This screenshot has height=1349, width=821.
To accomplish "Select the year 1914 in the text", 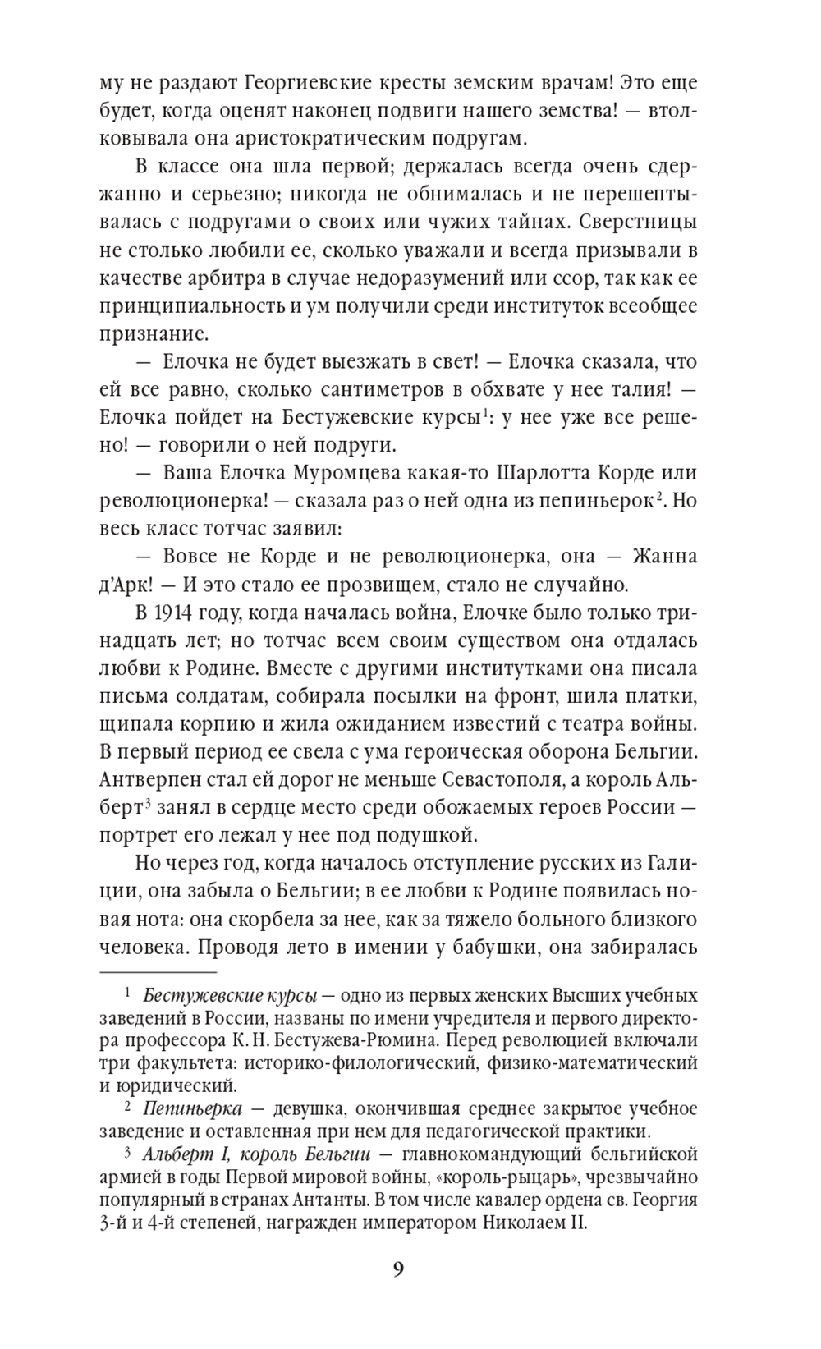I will (x=170, y=613).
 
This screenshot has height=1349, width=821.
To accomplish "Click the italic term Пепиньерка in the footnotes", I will (x=192, y=1108).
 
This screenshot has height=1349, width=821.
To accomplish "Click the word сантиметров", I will (x=331, y=390).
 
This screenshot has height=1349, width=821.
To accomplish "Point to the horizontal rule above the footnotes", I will (x=158, y=972).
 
